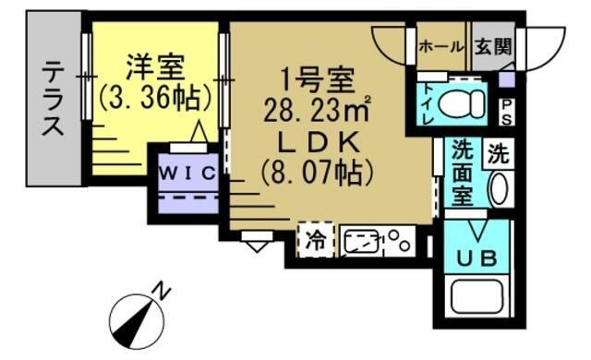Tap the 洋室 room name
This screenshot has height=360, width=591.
[x=154, y=66]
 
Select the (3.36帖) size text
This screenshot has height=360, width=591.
[x=154, y=95]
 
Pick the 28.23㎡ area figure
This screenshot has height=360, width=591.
[x=317, y=111]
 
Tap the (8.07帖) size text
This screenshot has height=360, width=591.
[x=317, y=172]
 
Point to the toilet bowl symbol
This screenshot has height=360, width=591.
[x=463, y=102]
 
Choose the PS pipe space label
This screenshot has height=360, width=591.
[x=507, y=111]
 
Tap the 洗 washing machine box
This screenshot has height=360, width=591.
[x=499, y=152]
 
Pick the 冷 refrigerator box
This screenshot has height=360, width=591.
[x=316, y=242]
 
